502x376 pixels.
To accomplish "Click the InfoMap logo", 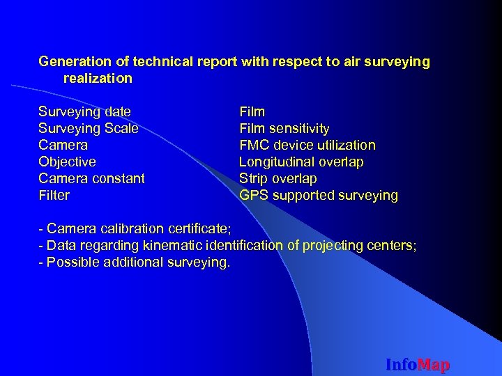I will tap(418, 364).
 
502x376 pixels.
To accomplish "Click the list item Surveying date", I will tap(84, 111).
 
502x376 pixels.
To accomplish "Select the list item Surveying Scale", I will tap(88, 128).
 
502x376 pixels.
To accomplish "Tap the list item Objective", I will tap(67, 162).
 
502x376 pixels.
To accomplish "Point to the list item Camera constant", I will tap(91, 178).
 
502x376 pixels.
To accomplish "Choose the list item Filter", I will tap(54, 195).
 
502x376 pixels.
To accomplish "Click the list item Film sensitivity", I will tap(284, 128).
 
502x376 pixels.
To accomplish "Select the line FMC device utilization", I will tap(307, 145).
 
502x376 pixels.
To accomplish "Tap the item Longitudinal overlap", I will tap(301, 162).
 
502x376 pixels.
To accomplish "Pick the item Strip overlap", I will tap(277, 178).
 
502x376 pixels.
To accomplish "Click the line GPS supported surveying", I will tap(318, 195).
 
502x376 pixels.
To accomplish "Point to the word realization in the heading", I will tap(98, 78).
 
